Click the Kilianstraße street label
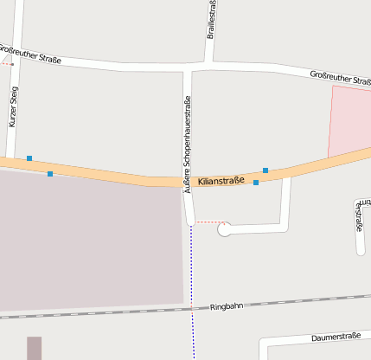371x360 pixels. pyautogui.click(x=221, y=181)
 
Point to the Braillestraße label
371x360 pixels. pyautogui.click(x=212, y=19)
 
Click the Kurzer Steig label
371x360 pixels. pyautogui.click(x=13, y=107)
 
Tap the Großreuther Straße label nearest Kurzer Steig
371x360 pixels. pyautogui.click(x=30, y=55)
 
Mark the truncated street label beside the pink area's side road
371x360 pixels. pyautogui.click(x=360, y=215)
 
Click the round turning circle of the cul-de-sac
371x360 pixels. pyautogui.click(x=225, y=229)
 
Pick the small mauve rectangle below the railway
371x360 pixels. pyautogui.click(x=34, y=348)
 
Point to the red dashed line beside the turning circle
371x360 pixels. pyautogui.click(x=207, y=222)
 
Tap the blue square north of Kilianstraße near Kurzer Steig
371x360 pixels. pyautogui.click(x=29, y=158)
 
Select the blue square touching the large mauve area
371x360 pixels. pyautogui.click(x=50, y=174)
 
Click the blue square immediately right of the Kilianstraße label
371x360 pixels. pyautogui.click(x=256, y=183)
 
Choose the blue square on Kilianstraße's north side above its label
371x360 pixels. pyautogui.click(x=265, y=170)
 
